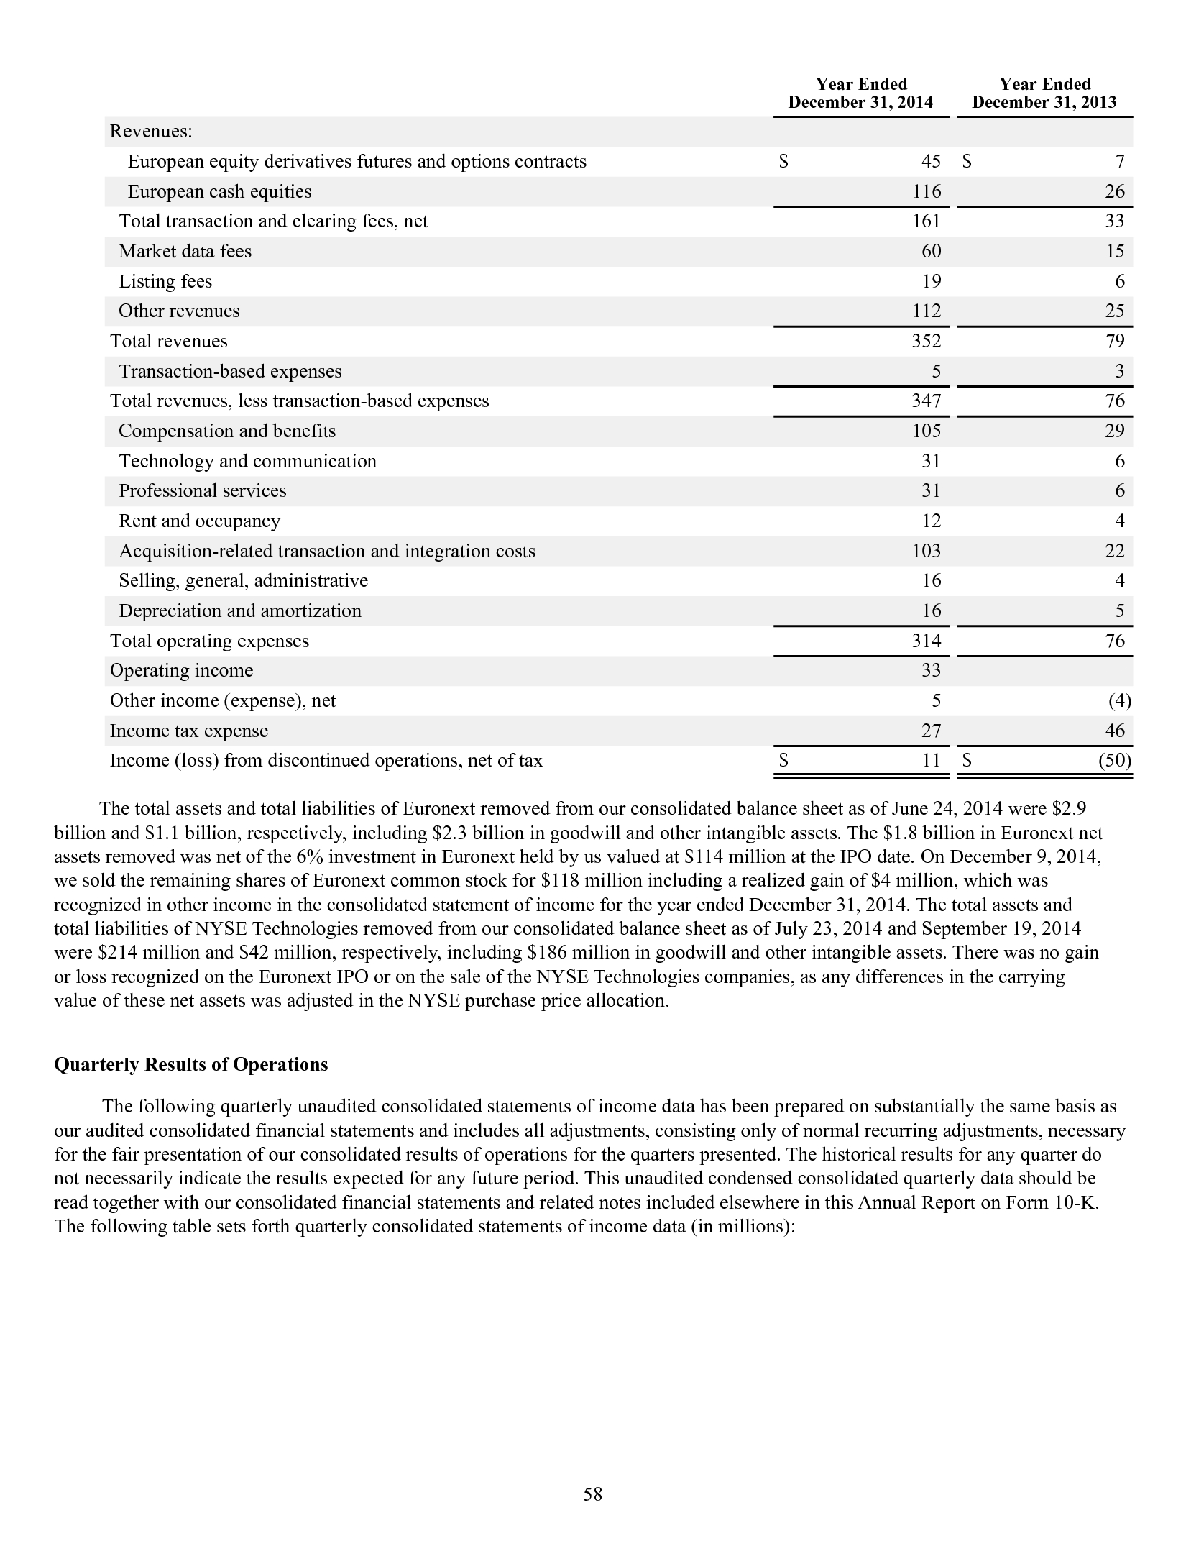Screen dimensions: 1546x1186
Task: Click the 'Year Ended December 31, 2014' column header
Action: point(860,93)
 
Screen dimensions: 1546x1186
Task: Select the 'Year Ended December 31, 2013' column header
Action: point(1044,93)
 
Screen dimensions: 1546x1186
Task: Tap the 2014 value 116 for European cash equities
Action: point(927,191)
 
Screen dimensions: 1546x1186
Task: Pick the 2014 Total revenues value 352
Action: point(927,341)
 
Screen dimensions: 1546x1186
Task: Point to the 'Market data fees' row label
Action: point(185,251)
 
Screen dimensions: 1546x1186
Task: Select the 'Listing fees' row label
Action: point(165,281)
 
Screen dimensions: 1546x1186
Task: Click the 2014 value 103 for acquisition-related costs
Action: point(927,551)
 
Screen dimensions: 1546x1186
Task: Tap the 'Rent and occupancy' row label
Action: point(199,521)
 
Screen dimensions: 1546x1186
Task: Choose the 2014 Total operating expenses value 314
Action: point(927,641)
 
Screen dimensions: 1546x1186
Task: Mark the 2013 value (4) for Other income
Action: point(1119,700)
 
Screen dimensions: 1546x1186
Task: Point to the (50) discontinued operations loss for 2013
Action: point(1115,761)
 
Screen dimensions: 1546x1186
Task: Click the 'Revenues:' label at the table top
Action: point(151,132)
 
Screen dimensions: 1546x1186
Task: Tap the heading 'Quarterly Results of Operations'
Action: point(190,1065)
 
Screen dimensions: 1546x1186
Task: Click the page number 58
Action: point(593,1495)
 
